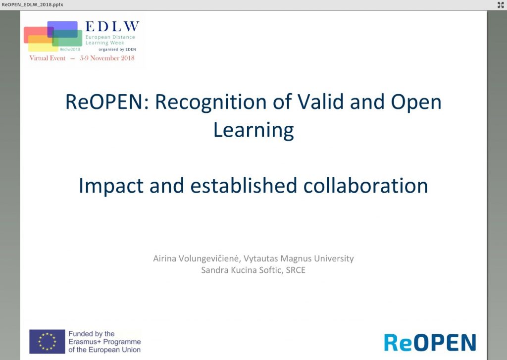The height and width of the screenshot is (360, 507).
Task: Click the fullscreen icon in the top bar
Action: [501, 4]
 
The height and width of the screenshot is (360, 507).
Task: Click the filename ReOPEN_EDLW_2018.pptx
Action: [32, 4]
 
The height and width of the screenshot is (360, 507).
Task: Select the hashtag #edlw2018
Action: [70, 49]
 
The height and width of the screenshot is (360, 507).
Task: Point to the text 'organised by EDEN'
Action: [117, 50]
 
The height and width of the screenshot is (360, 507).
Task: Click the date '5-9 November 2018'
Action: [107, 58]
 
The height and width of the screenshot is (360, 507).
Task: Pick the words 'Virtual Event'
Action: [47, 58]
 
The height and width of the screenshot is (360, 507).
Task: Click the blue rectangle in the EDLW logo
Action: [62, 29]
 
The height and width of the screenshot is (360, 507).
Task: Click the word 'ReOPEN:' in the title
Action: [107, 102]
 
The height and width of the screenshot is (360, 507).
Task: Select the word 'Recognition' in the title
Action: [210, 103]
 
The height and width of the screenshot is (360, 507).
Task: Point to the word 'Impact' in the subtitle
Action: [111, 186]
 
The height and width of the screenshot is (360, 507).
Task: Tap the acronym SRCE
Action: [296, 270]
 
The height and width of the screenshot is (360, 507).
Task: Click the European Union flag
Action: [47, 342]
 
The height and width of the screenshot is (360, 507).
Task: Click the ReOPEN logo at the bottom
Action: [430, 343]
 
